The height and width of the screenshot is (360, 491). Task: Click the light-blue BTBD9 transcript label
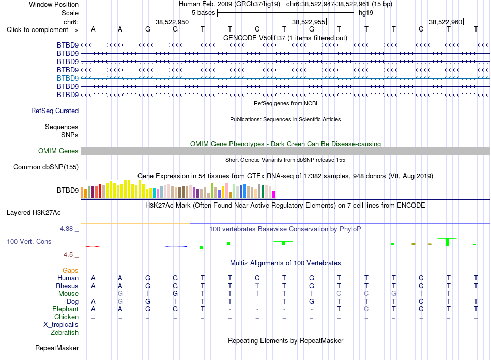tap(68, 79)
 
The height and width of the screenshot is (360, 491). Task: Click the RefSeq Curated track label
tap(55, 111)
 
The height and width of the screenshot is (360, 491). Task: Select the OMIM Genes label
tap(58, 151)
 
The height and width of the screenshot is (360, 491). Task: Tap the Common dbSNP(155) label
tap(46, 167)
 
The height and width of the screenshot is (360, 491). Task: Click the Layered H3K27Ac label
tap(34, 213)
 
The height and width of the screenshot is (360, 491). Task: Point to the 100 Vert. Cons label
tap(29, 242)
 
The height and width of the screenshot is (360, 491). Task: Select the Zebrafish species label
tap(65, 333)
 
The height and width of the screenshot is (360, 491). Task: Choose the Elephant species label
tap(66, 309)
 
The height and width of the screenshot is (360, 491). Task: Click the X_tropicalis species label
tap(61, 325)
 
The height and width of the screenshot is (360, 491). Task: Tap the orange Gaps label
tap(70, 271)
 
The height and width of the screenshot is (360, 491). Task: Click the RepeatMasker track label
tap(57, 348)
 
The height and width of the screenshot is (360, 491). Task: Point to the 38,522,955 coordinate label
tap(309, 22)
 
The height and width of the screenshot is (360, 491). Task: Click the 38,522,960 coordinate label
tap(446, 22)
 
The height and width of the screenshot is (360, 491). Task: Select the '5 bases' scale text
tap(204, 13)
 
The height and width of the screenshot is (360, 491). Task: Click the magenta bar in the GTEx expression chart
tap(274, 194)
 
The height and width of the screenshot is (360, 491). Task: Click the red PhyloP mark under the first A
tap(93, 247)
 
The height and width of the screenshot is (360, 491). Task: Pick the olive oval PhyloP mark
tap(421, 244)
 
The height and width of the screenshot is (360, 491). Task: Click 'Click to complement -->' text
tap(42, 30)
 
